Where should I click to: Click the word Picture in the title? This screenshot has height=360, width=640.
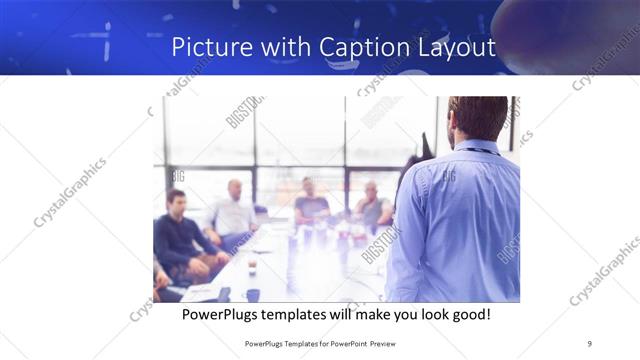pos(205,47)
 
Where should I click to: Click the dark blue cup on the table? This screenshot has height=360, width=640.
pos(253,294)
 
